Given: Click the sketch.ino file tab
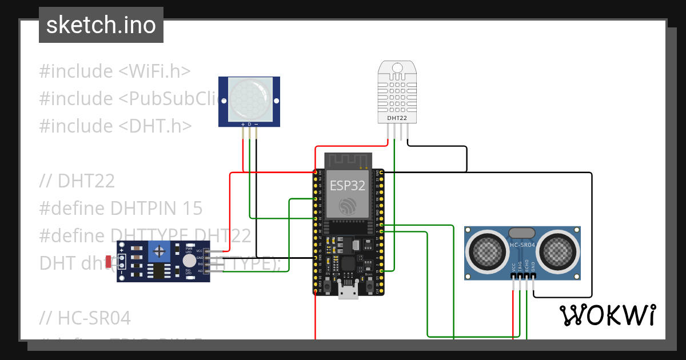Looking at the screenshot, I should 101,25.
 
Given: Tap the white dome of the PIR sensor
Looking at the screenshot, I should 249,98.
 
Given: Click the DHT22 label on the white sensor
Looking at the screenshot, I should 397,118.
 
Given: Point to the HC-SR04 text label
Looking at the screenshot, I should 523,246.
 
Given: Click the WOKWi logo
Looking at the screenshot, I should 607,315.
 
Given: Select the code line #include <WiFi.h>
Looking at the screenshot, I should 114,71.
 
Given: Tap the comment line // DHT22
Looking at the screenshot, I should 77,181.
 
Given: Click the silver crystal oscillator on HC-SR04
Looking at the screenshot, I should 521,233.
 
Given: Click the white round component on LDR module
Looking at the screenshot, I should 189,261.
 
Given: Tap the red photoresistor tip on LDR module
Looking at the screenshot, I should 109,262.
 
